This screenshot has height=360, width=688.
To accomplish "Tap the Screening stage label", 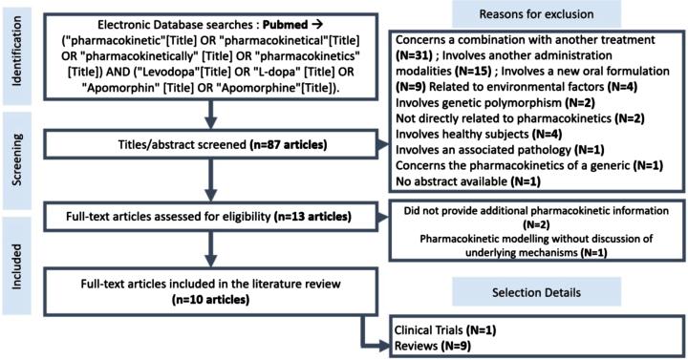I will point(16,153).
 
